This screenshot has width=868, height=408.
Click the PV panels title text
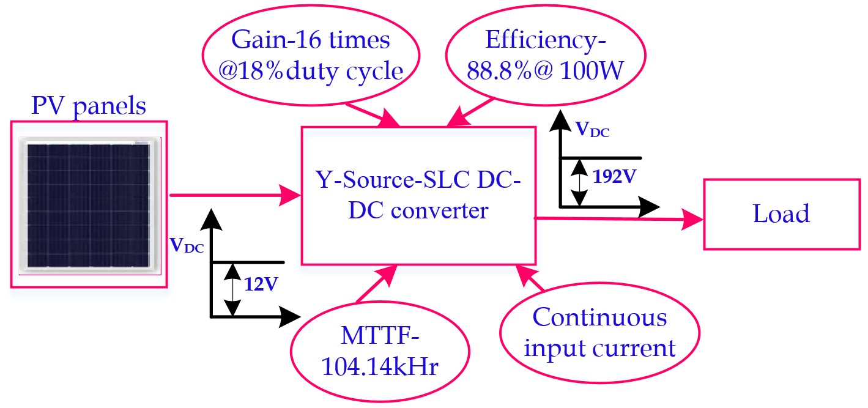click(89, 106)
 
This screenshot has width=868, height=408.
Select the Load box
click(781, 214)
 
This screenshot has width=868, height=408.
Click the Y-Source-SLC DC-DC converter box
click(418, 195)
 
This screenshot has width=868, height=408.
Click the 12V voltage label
click(261, 284)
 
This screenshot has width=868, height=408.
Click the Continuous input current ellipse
click(599, 333)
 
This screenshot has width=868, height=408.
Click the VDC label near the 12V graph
click(188, 246)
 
